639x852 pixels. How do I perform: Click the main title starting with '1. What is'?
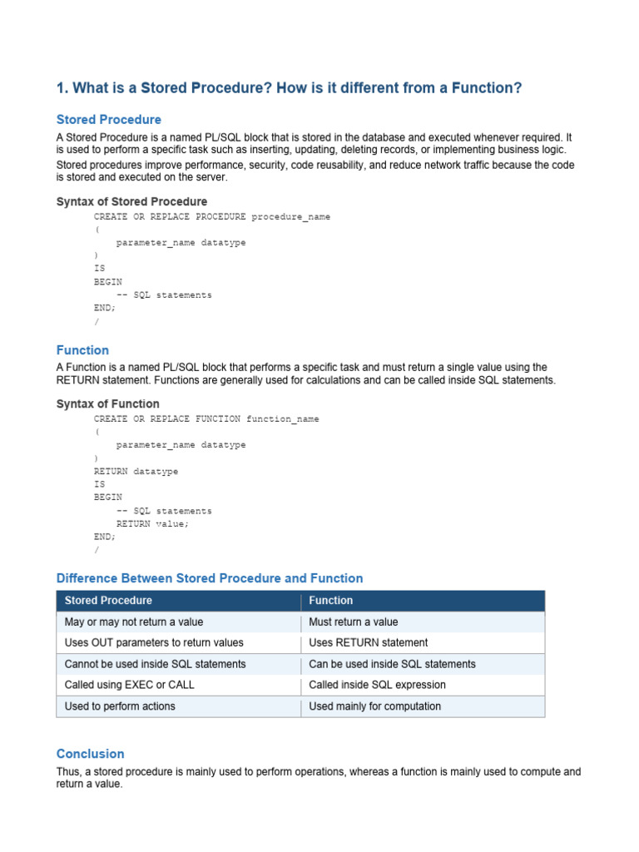(289, 87)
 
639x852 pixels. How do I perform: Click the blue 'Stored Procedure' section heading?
(109, 120)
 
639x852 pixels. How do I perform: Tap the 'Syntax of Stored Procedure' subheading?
(131, 201)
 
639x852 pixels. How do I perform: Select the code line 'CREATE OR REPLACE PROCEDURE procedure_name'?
(212, 216)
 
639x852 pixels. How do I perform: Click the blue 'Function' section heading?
(82, 350)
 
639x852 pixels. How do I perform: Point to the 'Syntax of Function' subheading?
(107, 404)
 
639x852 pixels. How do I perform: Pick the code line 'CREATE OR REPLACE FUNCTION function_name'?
(206, 419)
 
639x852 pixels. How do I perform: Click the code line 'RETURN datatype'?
(136, 471)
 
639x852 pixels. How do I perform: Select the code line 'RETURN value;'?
(153, 523)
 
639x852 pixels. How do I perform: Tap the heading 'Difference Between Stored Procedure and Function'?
(210, 578)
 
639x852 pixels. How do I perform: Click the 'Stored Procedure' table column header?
(108, 601)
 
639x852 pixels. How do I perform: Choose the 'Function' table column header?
(330, 601)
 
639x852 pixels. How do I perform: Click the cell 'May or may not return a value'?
(134, 622)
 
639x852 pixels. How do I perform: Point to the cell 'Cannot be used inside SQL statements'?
(155, 664)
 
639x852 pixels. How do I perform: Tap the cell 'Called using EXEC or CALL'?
(129, 685)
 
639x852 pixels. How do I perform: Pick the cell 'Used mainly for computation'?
(374, 706)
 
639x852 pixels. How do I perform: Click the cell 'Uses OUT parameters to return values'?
(154, 642)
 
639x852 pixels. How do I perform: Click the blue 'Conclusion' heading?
(90, 754)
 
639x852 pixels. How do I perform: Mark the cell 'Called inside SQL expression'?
(377, 685)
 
